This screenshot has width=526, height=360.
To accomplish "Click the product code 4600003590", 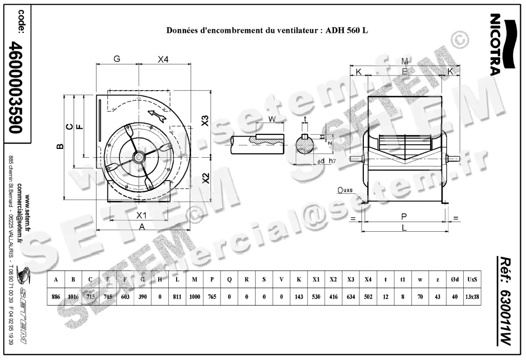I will pyautogui.click(x=17, y=88).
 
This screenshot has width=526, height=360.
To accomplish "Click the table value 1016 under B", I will pyautogui.click(x=73, y=297).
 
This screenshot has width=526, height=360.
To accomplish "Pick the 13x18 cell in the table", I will pyautogui.click(x=472, y=297).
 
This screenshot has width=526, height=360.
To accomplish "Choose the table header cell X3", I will pyautogui.click(x=350, y=280).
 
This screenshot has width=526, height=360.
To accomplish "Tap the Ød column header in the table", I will pyautogui.click(x=455, y=280).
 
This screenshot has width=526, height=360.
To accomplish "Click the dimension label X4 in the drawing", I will pyautogui.click(x=163, y=60).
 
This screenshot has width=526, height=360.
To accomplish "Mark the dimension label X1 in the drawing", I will pyautogui.click(x=140, y=215).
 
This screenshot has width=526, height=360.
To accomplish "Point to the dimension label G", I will pyautogui.click(x=117, y=60).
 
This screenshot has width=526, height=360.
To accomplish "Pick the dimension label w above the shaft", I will pyautogui.click(x=272, y=119).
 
